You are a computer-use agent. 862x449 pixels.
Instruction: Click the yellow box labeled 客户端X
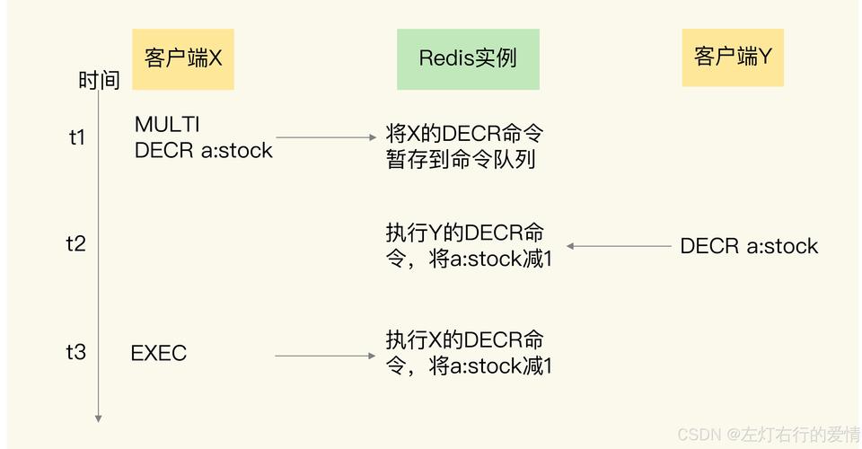tap(183, 59)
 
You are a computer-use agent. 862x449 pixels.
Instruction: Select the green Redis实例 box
tap(468, 59)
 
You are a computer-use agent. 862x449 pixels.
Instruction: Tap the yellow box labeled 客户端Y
tap(732, 57)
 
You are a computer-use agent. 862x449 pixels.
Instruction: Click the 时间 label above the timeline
tap(99, 81)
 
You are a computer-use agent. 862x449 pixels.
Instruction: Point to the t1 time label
tap(77, 137)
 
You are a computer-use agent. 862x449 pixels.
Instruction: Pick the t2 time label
tap(76, 243)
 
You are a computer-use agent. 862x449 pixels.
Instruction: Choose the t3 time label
tap(76, 352)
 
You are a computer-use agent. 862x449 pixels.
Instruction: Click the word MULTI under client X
tap(167, 124)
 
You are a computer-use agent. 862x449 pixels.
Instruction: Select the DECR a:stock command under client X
tap(203, 150)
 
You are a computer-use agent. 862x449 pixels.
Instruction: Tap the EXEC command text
tap(159, 353)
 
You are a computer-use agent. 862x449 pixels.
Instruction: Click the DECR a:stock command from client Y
tap(749, 246)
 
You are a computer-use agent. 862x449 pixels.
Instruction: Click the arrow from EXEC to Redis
tap(325, 356)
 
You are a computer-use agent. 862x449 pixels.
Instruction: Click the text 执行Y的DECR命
tap(464, 233)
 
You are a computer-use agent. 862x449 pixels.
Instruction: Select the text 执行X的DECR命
tap(464, 340)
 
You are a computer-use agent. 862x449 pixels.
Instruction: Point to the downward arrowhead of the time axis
tap(99, 418)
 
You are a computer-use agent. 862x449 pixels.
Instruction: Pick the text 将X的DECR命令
tap(464, 134)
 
